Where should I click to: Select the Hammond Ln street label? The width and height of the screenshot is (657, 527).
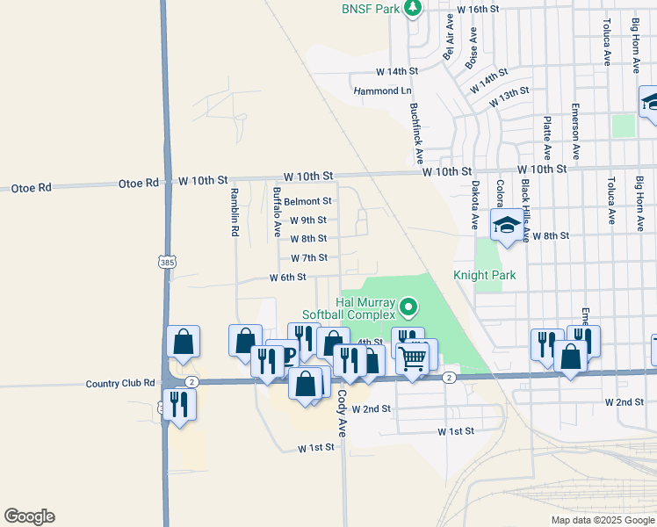[382, 90]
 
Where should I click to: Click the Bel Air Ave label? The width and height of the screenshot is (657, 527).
[449, 37]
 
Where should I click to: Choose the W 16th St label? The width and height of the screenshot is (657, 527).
[479, 9]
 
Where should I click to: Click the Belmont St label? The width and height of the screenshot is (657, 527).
[307, 201]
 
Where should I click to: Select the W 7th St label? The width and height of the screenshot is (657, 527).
[308, 257]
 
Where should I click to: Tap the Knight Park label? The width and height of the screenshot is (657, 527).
[484, 275]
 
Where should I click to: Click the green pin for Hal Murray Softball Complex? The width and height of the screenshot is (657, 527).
[408, 307]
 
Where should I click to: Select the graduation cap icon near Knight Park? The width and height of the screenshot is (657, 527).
[507, 226]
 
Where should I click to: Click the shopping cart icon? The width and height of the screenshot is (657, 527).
[413, 358]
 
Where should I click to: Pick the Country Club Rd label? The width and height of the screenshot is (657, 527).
[120, 384]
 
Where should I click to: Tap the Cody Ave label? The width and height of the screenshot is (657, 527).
[342, 414]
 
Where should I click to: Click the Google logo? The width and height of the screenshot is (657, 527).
[29, 516]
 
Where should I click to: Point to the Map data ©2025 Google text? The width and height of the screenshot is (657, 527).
[602, 520]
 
